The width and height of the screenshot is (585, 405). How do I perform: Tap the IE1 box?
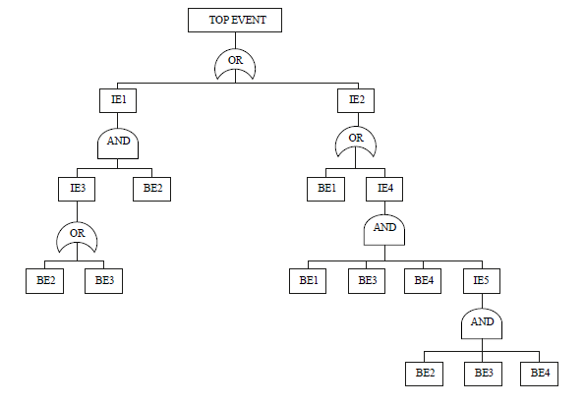click(x=118, y=99)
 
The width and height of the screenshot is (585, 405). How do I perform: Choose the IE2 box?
click(x=356, y=99)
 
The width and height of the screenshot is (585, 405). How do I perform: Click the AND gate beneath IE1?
click(x=118, y=144)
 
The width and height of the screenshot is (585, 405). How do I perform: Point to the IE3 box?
click(x=76, y=188)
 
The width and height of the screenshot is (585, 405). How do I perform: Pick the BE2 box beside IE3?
click(x=152, y=188)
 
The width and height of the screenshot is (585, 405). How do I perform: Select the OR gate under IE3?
click(x=76, y=236)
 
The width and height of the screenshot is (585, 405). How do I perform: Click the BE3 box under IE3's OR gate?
click(x=103, y=280)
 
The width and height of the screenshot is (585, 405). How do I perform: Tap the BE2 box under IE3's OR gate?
click(x=44, y=280)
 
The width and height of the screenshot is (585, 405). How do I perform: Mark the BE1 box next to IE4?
click(x=325, y=188)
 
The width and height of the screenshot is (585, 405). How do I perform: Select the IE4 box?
click(x=384, y=188)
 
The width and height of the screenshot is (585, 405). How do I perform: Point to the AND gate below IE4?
click(x=384, y=230)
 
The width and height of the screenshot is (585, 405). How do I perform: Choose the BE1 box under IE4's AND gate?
click(x=308, y=280)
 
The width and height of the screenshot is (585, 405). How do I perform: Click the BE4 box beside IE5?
click(x=424, y=280)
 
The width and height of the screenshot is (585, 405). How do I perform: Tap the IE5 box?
click(x=482, y=280)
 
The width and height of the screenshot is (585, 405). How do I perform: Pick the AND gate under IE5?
click(x=482, y=323)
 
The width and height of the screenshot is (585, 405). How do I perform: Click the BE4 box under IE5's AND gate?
click(x=540, y=373)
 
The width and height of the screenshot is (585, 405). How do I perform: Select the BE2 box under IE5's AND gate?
click(x=425, y=373)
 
